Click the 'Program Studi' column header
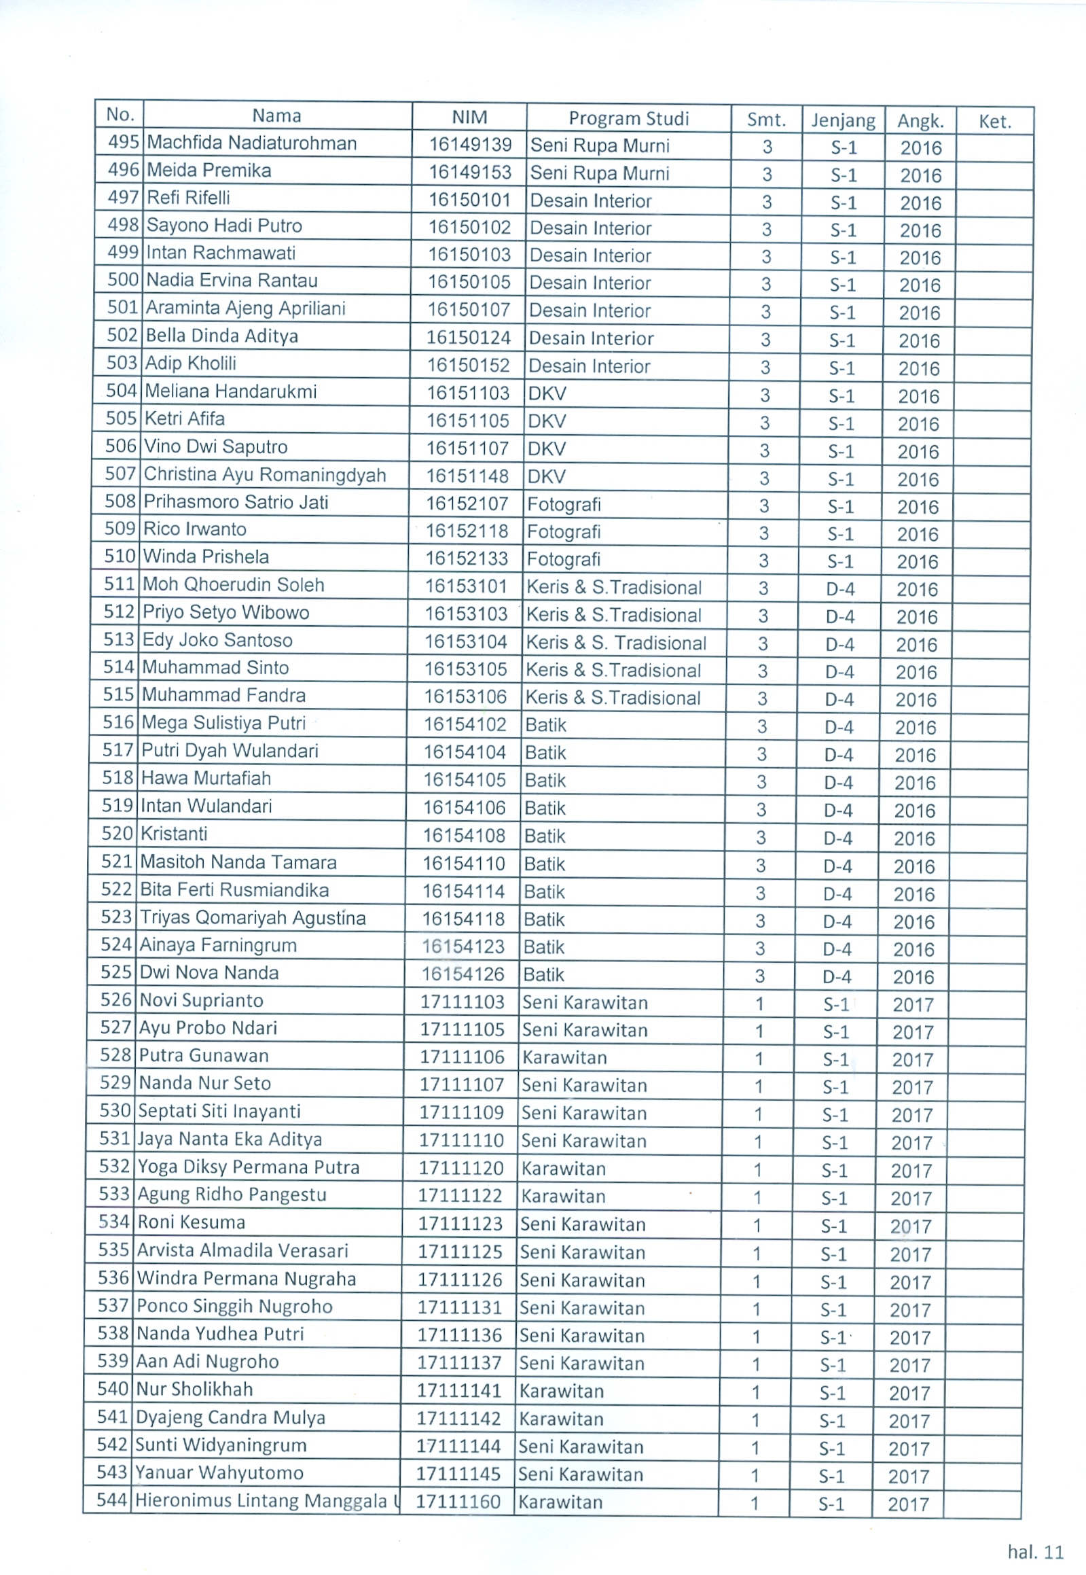628,118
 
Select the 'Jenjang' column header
843,120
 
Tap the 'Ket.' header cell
994,122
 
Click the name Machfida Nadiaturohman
252,143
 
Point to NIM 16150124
468,338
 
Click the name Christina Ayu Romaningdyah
265,474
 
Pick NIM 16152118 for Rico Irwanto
467,531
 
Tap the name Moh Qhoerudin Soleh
234,584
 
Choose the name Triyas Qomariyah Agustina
253,917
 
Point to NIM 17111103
463,1002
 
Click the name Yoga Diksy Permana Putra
249,1167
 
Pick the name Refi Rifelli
189,198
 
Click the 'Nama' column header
276,116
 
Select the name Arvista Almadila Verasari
242,1250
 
